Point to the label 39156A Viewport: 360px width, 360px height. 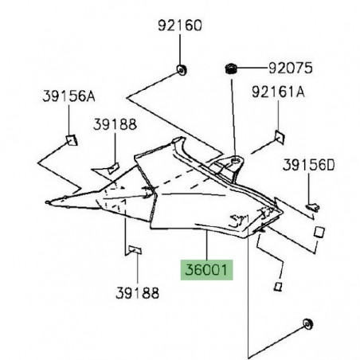[x=68, y=97]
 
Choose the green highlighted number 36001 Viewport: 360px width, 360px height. [x=206, y=270]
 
